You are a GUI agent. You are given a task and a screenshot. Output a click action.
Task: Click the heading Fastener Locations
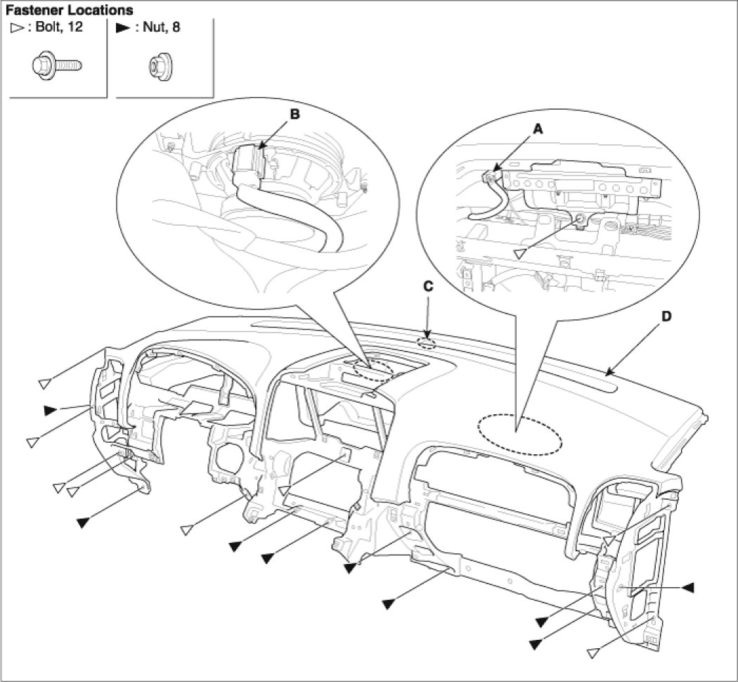tap(69, 11)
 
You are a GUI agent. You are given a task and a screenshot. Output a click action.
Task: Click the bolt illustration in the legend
tap(57, 65)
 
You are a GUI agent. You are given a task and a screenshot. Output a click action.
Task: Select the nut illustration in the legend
tap(153, 66)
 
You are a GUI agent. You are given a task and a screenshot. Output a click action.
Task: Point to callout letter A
tap(538, 129)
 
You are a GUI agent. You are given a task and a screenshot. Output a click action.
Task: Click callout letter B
tap(294, 114)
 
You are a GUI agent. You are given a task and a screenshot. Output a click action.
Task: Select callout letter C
tap(427, 287)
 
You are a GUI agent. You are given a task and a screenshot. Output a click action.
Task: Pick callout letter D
tap(666, 316)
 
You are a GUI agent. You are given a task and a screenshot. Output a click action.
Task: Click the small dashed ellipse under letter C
tap(427, 344)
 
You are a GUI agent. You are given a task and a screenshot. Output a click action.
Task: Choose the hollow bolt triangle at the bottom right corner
tap(595, 652)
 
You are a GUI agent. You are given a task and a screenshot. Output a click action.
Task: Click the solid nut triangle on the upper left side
tap(49, 409)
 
